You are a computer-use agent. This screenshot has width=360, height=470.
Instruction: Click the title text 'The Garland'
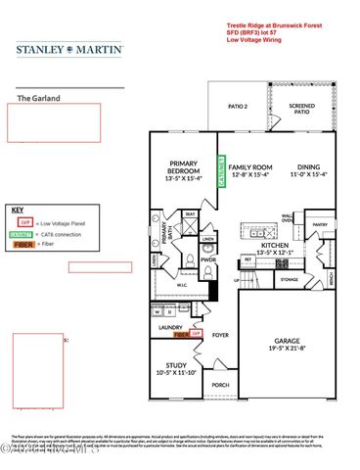click(38, 98)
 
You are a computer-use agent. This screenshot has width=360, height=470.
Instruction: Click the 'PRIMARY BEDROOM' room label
click(184, 172)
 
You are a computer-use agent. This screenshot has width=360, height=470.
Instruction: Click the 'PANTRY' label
click(319, 224)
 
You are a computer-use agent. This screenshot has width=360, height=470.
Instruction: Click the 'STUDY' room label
click(177, 368)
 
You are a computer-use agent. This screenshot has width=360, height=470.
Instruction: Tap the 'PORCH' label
click(222, 386)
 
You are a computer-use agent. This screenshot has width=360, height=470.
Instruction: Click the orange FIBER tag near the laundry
click(181, 334)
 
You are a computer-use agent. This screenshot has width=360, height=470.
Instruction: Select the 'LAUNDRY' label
click(172, 327)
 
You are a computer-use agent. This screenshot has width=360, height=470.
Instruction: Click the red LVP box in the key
click(27, 223)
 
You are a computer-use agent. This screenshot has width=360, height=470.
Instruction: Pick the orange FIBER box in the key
click(28, 245)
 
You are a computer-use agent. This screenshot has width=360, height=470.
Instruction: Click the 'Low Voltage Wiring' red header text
click(259, 41)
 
